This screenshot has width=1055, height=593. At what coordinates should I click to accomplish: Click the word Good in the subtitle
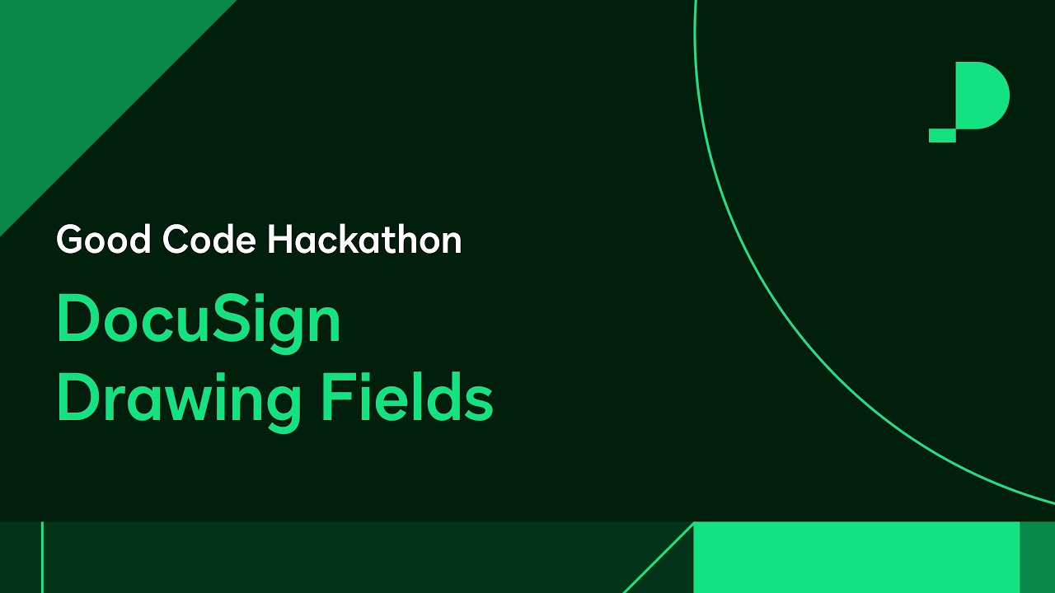[x=105, y=240]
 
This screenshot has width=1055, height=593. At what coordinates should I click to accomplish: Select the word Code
[x=209, y=240]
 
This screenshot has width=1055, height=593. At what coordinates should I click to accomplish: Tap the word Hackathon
[x=364, y=240]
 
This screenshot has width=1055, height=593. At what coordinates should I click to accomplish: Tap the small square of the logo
[x=942, y=136]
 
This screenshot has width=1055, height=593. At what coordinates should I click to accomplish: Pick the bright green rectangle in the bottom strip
[x=857, y=557]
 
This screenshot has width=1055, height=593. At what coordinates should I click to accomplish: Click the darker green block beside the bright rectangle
[x=1037, y=557]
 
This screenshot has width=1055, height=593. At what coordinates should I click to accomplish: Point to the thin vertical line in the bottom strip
[x=42, y=557]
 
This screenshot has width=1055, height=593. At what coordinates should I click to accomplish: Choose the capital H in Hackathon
[x=281, y=240]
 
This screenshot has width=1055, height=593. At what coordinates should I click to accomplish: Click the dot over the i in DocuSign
[x=267, y=298]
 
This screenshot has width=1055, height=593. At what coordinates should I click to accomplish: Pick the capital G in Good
[x=72, y=240]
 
